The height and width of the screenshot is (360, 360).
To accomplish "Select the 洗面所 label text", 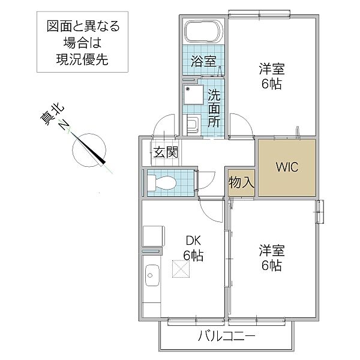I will [x=214, y=107].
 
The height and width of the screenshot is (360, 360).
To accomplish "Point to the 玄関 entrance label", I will [x=166, y=152].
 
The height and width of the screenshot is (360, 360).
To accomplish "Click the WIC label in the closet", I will [x=286, y=167].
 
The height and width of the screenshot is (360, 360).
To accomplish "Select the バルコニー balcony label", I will [x=227, y=337].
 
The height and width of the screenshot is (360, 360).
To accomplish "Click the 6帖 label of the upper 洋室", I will [x=271, y=84].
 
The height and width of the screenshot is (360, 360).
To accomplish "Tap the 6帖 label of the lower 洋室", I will [x=271, y=265].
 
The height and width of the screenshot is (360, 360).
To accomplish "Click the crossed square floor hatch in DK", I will [x=180, y=270].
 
